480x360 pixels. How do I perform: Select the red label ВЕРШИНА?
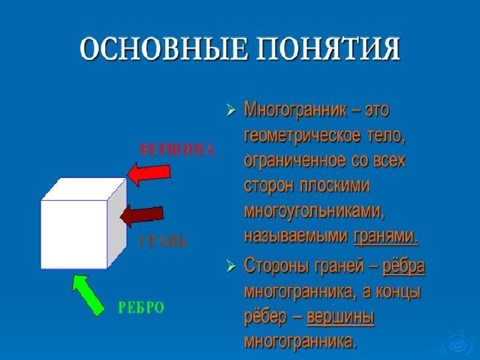tap(177, 149)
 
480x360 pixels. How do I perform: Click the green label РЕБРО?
tap(141, 307)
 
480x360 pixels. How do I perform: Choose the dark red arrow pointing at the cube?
tap(141, 215)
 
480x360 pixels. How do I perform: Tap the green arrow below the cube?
tap(88, 293)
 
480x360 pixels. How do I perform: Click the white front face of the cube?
tap(73, 234)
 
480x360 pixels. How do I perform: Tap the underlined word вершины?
tap(340, 317)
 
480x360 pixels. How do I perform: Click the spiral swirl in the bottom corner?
tap(457, 344)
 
